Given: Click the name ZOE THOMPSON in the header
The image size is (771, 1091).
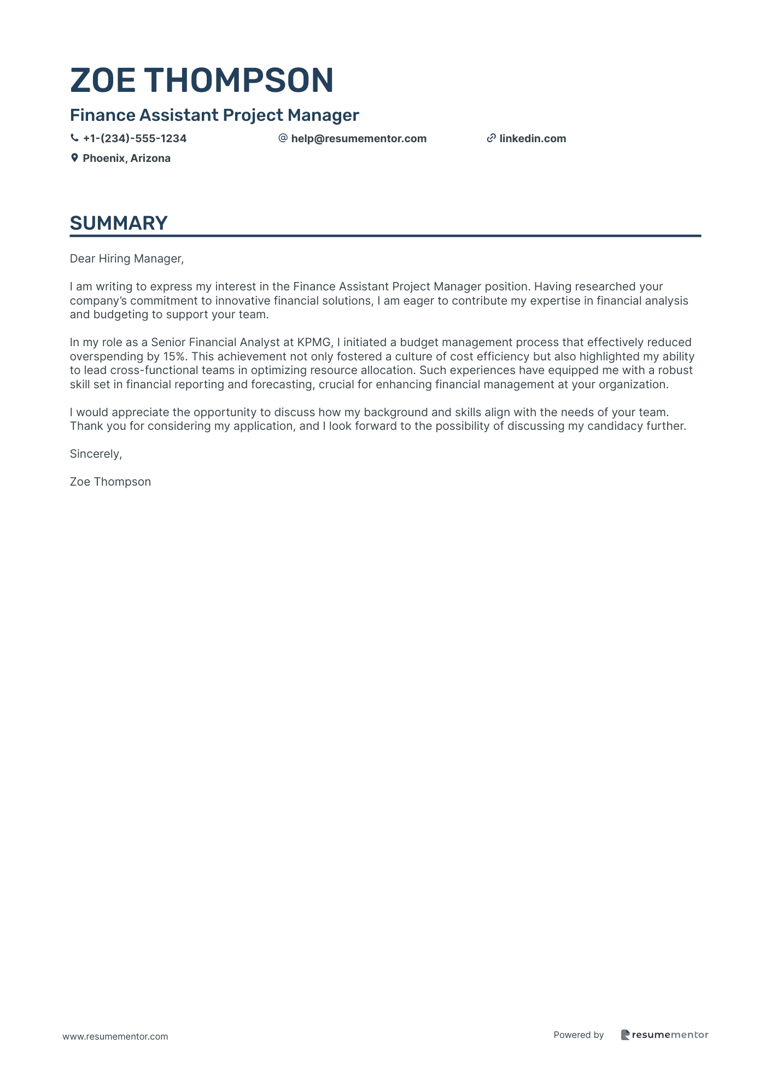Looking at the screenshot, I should click(x=202, y=80).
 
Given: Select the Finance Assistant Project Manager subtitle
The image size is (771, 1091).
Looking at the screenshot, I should click(x=214, y=115).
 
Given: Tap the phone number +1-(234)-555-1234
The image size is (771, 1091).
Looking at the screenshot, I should click(x=135, y=139).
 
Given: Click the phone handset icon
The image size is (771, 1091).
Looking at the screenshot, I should click(x=74, y=138).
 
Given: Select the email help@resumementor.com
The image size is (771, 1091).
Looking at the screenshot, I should click(x=359, y=139).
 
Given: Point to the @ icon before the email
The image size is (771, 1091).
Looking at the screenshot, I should click(x=283, y=138).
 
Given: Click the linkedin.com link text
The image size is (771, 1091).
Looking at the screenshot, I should click(x=533, y=139).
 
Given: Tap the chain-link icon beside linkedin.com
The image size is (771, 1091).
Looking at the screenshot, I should click(x=491, y=138).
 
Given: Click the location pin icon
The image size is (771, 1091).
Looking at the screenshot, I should click(x=74, y=158).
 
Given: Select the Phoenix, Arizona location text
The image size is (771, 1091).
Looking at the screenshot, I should click(x=126, y=159).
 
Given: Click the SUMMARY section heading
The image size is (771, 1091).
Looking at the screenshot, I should click(x=119, y=223).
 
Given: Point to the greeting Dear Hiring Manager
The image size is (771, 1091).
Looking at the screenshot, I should click(x=127, y=259).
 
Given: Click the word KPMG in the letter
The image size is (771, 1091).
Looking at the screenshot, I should click(x=314, y=342).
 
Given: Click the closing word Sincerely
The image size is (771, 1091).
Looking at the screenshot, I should click(x=96, y=454).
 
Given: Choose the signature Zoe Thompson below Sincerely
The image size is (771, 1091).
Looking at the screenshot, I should click(x=110, y=482).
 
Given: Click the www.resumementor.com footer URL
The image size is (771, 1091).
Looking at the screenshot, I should click(x=115, y=1036).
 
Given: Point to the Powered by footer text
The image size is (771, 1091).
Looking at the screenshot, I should click(x=579, y=1035).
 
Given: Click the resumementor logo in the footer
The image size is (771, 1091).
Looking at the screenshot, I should click(x=664, y=1035).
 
